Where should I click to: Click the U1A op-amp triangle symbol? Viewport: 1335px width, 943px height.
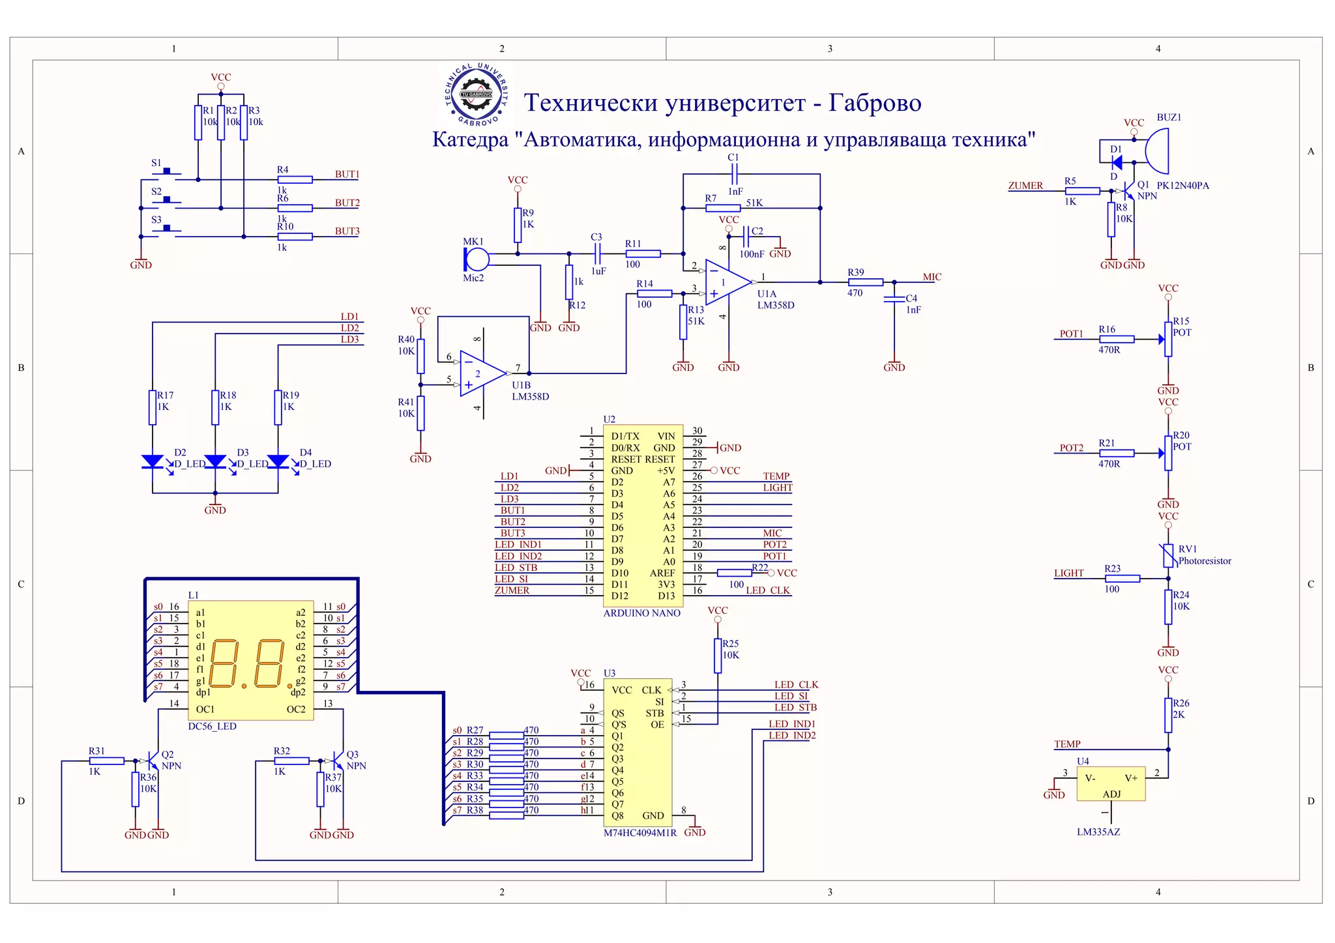[x=726, y=282]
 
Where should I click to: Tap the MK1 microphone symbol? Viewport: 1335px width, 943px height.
[x=477, y=259]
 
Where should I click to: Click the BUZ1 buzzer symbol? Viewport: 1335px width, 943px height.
[x=1157, y=151]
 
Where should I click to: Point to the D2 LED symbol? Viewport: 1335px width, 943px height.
[x=153, y=461]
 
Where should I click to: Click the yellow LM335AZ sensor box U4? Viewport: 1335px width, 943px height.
[x=1111, y=783]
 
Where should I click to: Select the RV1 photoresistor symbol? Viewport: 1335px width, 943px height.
[x=1167, y=555]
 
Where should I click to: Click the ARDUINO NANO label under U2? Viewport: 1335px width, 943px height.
[x=641, y=613]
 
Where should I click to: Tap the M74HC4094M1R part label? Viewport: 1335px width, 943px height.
[x=640, y=833]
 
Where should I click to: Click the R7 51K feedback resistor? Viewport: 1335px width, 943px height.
[x=722, y=208]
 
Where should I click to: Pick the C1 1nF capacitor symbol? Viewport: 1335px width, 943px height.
[x=735, y=174]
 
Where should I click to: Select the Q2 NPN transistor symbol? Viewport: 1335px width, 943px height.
[x=153, y=761]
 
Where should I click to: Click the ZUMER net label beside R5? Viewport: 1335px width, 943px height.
[x=1025, y=186]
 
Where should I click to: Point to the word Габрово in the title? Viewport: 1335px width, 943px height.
[x=875, y=103]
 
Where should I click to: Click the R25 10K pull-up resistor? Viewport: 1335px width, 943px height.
[x=718, y=655]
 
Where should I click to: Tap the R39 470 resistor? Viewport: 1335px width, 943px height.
[x=866, y=282]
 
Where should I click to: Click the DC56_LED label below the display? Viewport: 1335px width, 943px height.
[x=212, y=727]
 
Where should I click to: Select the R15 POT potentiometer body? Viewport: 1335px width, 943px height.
[x=1168, y=339]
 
